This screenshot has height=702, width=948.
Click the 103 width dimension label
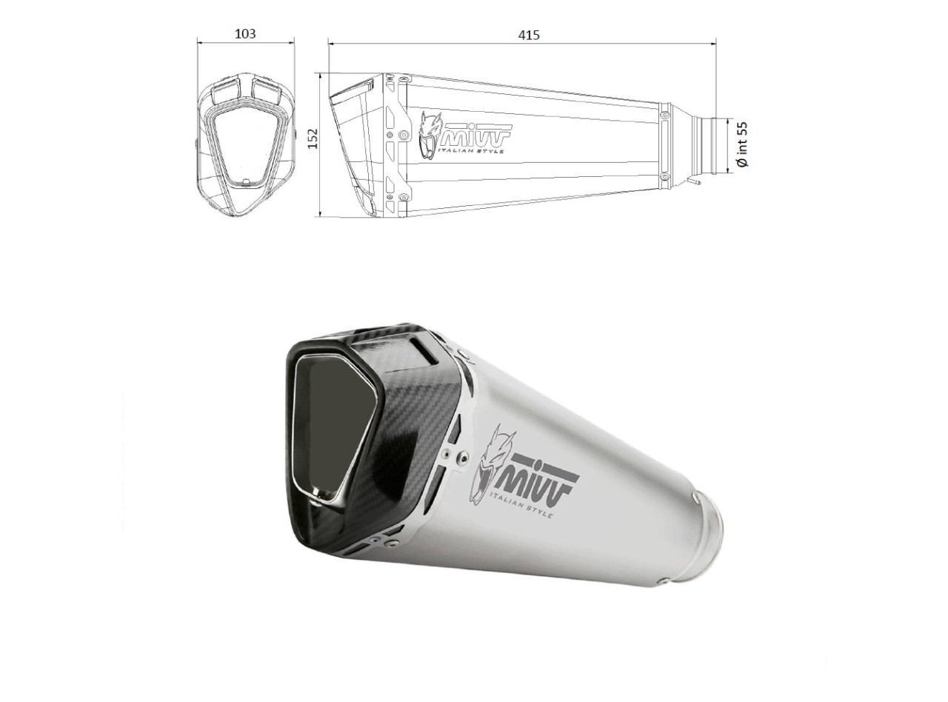pos(245,33)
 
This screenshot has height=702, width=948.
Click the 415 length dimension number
pos(529,35)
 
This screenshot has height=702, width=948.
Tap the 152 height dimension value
pos(314,138)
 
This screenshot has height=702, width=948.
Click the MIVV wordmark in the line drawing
pos(475,136)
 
